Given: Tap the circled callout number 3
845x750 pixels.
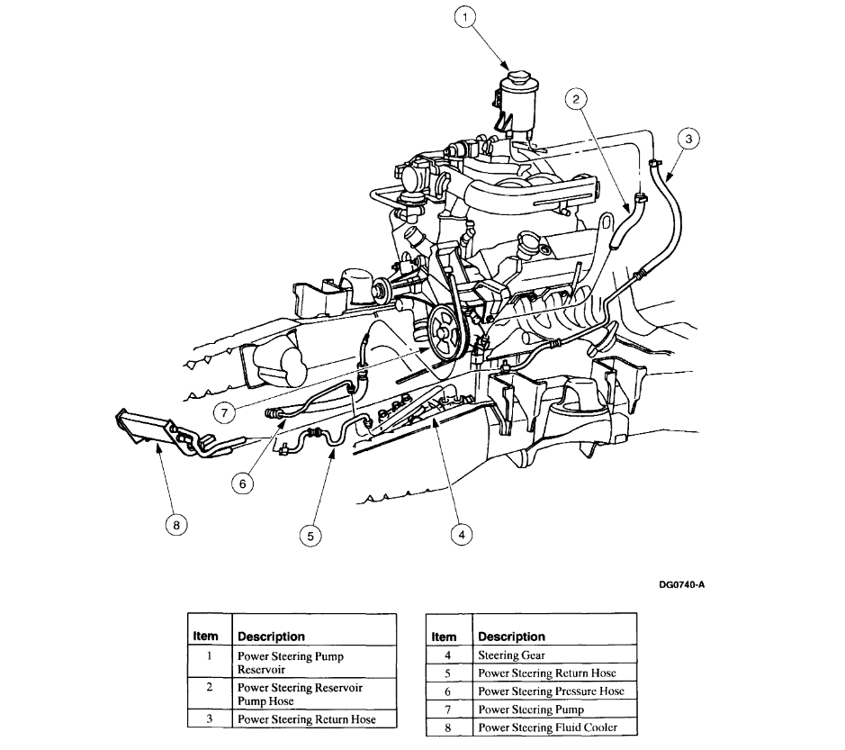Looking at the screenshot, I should [688, 139].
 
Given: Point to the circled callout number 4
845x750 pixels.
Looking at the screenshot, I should [461, 533].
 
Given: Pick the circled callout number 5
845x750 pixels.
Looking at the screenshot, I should [310, 535].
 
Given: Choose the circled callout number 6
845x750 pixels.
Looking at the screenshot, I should [242, 483].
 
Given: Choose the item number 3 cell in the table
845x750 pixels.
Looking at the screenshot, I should [209, 719].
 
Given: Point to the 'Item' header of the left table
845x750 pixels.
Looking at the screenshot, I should [208, 636].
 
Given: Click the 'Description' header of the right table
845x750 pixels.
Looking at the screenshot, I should [512, 637].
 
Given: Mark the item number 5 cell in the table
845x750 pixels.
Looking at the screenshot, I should [446, 673].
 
